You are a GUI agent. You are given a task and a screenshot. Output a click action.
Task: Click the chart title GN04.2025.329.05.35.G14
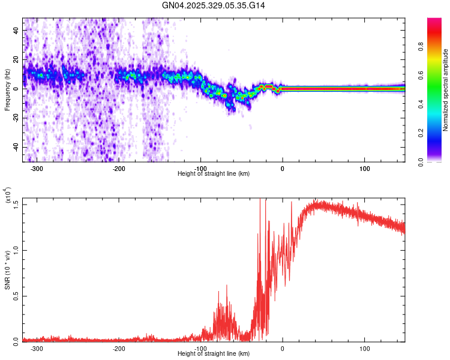[x=214, y=5]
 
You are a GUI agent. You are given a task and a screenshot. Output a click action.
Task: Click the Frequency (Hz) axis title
[x=7, y=90]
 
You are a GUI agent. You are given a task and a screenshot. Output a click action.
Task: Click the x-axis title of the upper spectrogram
[x=214, y=173]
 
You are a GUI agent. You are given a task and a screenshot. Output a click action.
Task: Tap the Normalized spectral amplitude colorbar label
[x=446, y=90]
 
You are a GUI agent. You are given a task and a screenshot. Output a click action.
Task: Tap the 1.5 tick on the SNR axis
[x=16, y=204]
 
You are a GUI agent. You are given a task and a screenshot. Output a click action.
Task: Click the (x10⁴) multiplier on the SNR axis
[x=8, y=196]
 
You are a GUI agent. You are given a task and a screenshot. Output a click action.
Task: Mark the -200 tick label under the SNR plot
[x=119, y=347]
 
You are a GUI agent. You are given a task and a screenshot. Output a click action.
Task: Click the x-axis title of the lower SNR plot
[x=214, y=353]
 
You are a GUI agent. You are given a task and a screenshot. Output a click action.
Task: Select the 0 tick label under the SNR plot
[x=283, y=347]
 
